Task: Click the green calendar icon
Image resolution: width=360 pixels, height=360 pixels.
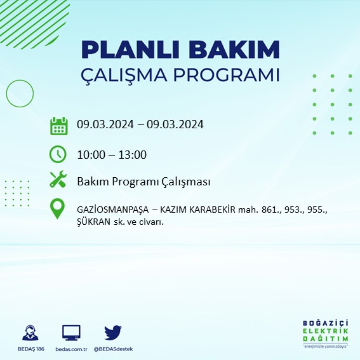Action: (x=58, y=126)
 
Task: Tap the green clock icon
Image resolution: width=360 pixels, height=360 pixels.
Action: (x=58, y=154)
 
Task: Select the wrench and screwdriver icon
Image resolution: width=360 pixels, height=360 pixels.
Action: (x=58, y=181)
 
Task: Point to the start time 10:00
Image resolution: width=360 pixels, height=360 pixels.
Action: (x=90, y=154)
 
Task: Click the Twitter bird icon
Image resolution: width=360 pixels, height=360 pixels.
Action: (x=113, y=332)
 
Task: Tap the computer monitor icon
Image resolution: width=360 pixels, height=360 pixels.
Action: (x=71, y=332)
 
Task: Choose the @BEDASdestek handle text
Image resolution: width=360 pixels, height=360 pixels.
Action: (x=113, y=349)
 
